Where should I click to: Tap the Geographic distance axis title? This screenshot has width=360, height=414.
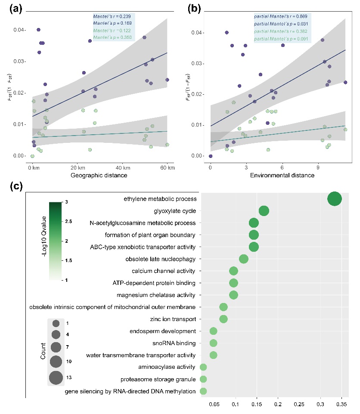pyautogui.click(x=99, y=176)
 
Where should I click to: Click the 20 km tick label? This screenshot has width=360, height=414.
pyautogui.click(x=77, y=167)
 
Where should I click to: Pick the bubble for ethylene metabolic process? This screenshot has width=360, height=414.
pyautogui.click(x=335, y=199)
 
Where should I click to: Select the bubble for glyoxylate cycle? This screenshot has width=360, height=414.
pyautogui.click(x=264, y=211)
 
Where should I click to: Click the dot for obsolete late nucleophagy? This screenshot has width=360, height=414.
pyautogui.click(x=243, y=259)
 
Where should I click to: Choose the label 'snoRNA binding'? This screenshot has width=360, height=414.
pyautogui.click(x=174, y=343)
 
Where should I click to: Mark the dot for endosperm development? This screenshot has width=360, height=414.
pyautogui.click(x=213, y=331)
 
